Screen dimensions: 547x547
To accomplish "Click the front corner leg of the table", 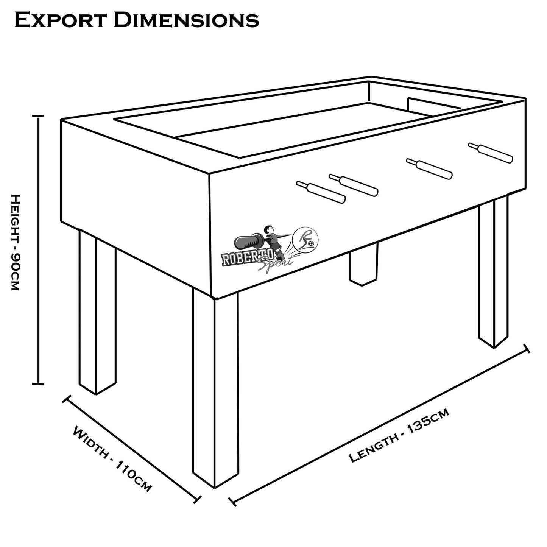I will click(x=215, y=390).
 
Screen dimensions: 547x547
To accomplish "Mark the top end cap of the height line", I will click(x=38, y=116).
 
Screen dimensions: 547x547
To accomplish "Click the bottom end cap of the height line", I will click(x=38, y=384).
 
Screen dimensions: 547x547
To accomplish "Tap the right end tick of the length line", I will click(x=526, y=349).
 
